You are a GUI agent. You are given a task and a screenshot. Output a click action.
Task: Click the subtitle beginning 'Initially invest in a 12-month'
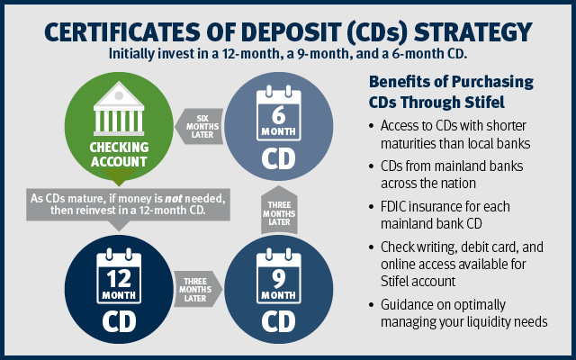coord(288,53)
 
